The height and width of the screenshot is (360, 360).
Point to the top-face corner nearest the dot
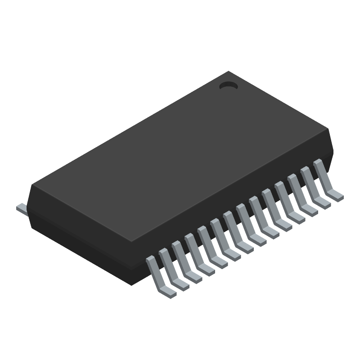[229, 72]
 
